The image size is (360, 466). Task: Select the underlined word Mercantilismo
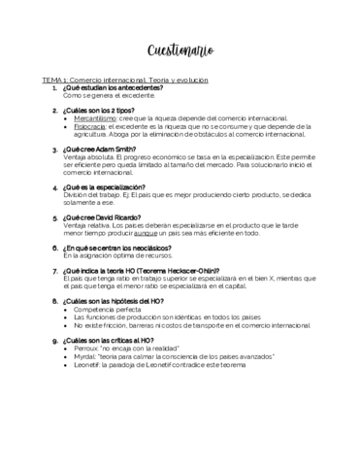point(96,116)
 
